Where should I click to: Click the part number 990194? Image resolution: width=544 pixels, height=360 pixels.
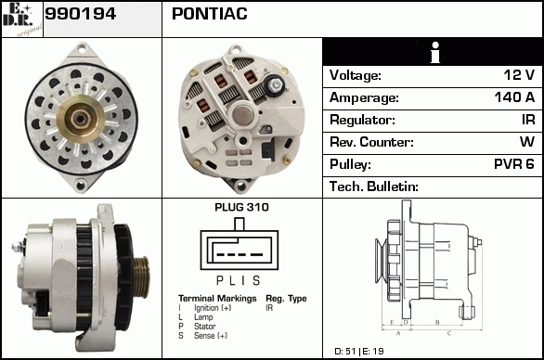[x=81, y=14]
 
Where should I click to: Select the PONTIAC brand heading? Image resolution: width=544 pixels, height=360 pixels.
[x=210, y=14]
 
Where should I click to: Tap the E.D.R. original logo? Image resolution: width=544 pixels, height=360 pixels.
[x=21, y=19]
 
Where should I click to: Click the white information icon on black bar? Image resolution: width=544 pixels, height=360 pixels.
[x=435, y=52]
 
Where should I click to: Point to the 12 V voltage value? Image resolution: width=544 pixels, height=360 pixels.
[x=519, y=75]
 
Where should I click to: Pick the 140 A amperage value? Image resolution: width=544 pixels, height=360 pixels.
[x=514, y=97]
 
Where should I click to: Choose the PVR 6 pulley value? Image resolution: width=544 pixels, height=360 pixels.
[x=514, y=164]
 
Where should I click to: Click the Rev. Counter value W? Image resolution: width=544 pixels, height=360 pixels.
[x=527, y=142]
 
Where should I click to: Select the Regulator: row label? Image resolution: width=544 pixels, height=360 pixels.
[x=362, y=120]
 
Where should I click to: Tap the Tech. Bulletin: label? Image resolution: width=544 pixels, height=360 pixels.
[x=374, y=186]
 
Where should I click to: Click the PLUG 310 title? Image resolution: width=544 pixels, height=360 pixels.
[x=241, y=208]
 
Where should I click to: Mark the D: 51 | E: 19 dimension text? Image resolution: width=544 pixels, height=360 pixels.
[x=359, y=352]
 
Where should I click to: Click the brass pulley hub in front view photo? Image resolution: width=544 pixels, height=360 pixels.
[x=81, y=120]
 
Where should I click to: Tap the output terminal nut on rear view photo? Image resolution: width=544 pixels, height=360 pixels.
[x=276, y=84]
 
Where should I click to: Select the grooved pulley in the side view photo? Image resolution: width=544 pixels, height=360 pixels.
[x=141, y=276]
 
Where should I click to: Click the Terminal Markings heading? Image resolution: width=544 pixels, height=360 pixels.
[x=217, y=299]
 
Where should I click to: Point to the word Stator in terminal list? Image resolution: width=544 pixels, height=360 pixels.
[x=204, y=327]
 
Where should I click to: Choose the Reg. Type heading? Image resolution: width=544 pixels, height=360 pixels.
[x=286, y=299]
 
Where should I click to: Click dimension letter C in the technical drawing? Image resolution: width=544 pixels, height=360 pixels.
[x=449, y=333]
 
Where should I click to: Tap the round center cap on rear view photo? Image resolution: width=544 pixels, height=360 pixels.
[x=242, y=115]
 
